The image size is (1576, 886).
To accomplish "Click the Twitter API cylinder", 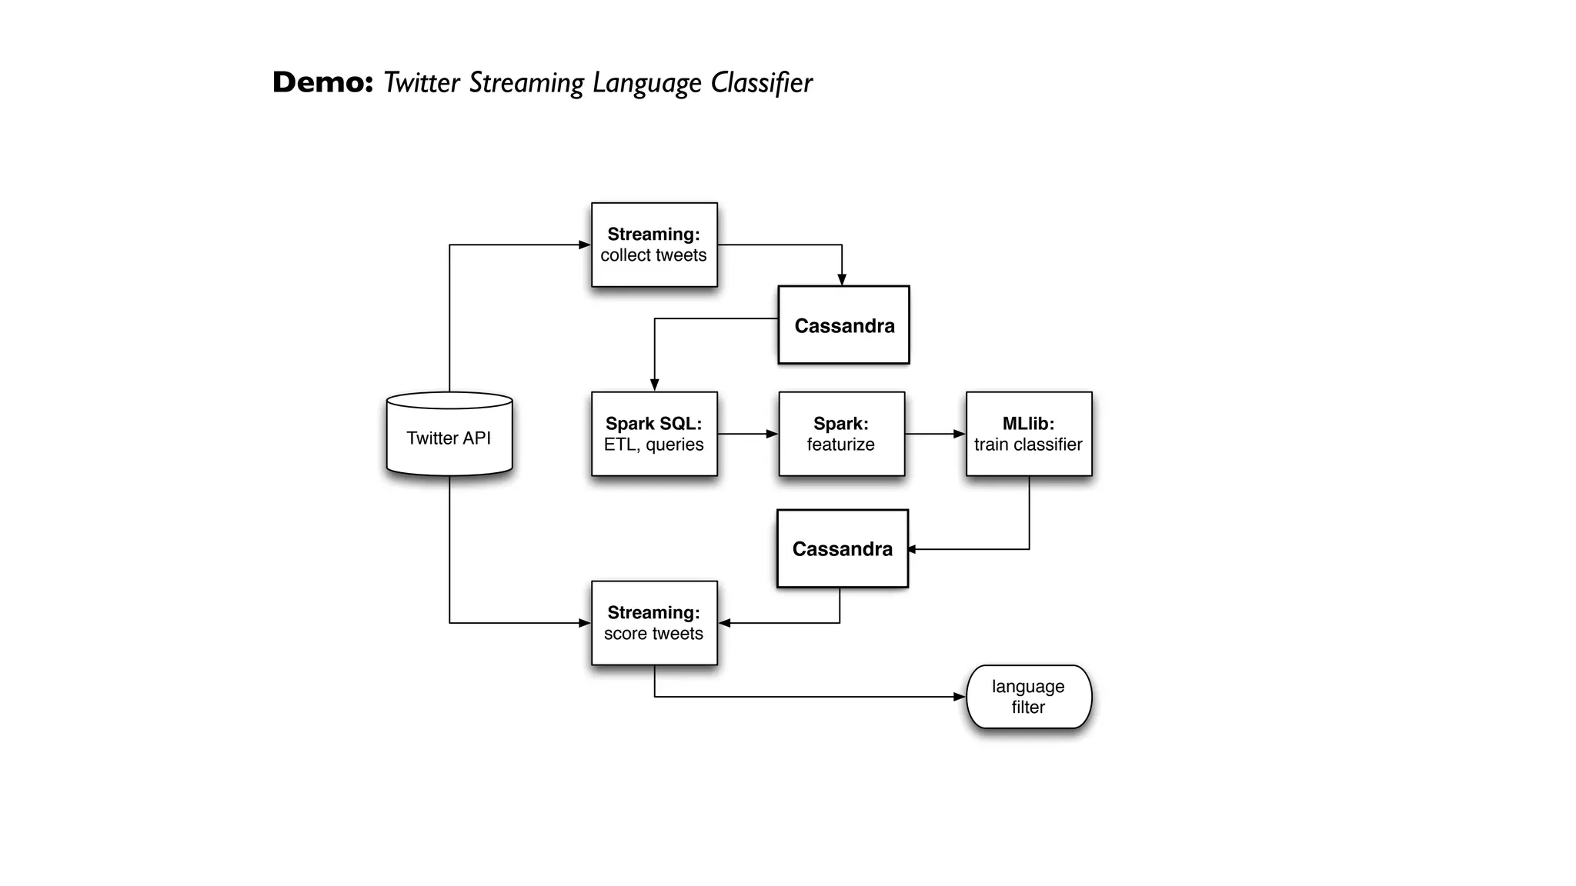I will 449,435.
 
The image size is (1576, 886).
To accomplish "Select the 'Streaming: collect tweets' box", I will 654,245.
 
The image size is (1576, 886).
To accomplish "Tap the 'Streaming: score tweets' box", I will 654,623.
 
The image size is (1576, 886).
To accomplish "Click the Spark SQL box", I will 654,434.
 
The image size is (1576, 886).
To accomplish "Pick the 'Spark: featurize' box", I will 841,434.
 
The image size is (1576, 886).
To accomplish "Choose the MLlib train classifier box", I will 1029,434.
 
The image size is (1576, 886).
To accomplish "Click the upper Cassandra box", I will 843,325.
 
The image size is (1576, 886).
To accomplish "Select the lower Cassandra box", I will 843,548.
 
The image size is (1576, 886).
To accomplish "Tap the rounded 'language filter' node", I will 1029,697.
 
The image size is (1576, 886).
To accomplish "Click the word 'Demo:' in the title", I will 322,82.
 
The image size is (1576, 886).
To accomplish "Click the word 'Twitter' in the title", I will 422,82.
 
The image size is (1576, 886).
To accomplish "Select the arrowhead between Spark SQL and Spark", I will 772,434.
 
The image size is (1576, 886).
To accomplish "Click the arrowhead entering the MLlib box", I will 960,434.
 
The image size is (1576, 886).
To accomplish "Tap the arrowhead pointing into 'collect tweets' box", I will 584,245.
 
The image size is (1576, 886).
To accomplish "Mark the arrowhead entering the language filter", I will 960,697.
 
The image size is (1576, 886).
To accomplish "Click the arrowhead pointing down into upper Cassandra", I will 842,280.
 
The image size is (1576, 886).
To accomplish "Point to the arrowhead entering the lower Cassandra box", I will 913,549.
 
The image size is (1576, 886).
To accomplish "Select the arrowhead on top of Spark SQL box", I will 654,385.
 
